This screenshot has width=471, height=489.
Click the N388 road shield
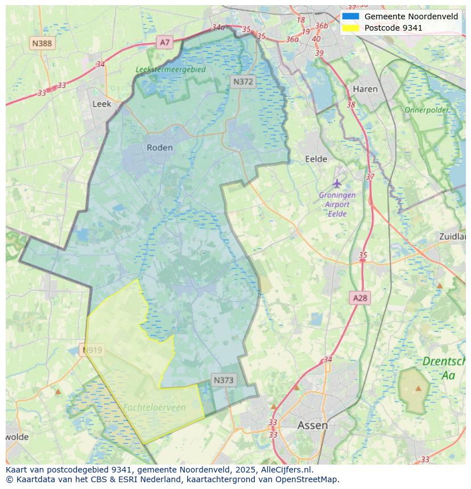point(42,43)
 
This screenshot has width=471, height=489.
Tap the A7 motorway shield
point(164,42)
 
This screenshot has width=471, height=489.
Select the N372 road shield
point(243,82)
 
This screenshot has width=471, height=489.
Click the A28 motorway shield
point(360,298)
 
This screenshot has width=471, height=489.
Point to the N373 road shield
point(224,380)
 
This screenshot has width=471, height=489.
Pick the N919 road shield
point(92,350)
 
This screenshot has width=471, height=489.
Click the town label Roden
point(159,148)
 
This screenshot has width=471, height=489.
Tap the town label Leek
point(102,104)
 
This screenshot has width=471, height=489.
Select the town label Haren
point(365,89)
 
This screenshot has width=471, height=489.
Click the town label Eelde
point(316,159)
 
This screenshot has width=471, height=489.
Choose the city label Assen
point(312,425)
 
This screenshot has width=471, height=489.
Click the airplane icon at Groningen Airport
point(337,183)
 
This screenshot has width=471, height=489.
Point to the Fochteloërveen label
point(154,407)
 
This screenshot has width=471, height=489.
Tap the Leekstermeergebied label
point(171,69)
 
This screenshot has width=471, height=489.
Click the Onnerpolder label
point(427,110)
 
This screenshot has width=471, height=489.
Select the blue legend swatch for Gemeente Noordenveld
point(350,16)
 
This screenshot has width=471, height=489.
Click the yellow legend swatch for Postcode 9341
point(350,27)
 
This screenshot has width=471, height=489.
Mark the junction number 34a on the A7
point(218,27)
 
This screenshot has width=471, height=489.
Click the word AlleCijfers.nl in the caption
point(287,470)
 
